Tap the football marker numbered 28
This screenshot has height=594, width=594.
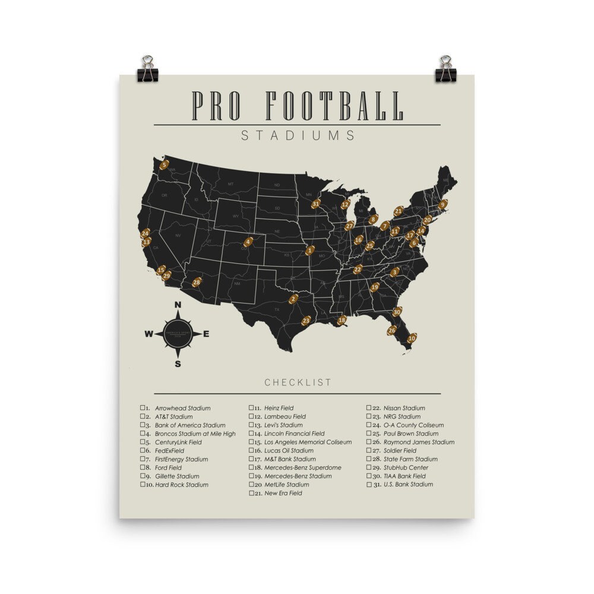click(x=197, y=282)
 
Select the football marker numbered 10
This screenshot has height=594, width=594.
click(x=412, y=338)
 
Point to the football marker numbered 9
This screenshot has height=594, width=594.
click(x=442, y=204)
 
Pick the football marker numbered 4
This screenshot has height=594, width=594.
click(x=248, y=242)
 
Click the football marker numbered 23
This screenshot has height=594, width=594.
click(x=306, y=321)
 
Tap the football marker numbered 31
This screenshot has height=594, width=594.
click(x=316, y=204)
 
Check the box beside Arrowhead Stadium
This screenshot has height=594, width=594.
click(x=143, y=408)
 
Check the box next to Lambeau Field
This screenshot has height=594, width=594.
click(x=251, y=416)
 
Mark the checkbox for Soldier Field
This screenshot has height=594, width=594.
click(x=369, y=450)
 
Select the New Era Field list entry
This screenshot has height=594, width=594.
click(x=283, y=493)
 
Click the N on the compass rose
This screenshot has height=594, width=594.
click(x=178, y=305)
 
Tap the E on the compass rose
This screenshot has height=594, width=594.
click(x=206, y=334)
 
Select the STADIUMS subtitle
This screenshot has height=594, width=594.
click(x=298, y=135)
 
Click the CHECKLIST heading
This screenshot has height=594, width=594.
click(x=298, y=383)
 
